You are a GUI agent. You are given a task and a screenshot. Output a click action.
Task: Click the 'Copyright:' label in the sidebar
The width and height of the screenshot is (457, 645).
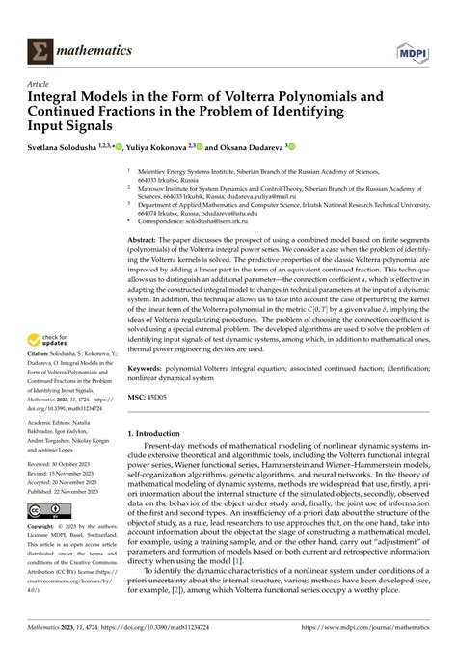46,528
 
